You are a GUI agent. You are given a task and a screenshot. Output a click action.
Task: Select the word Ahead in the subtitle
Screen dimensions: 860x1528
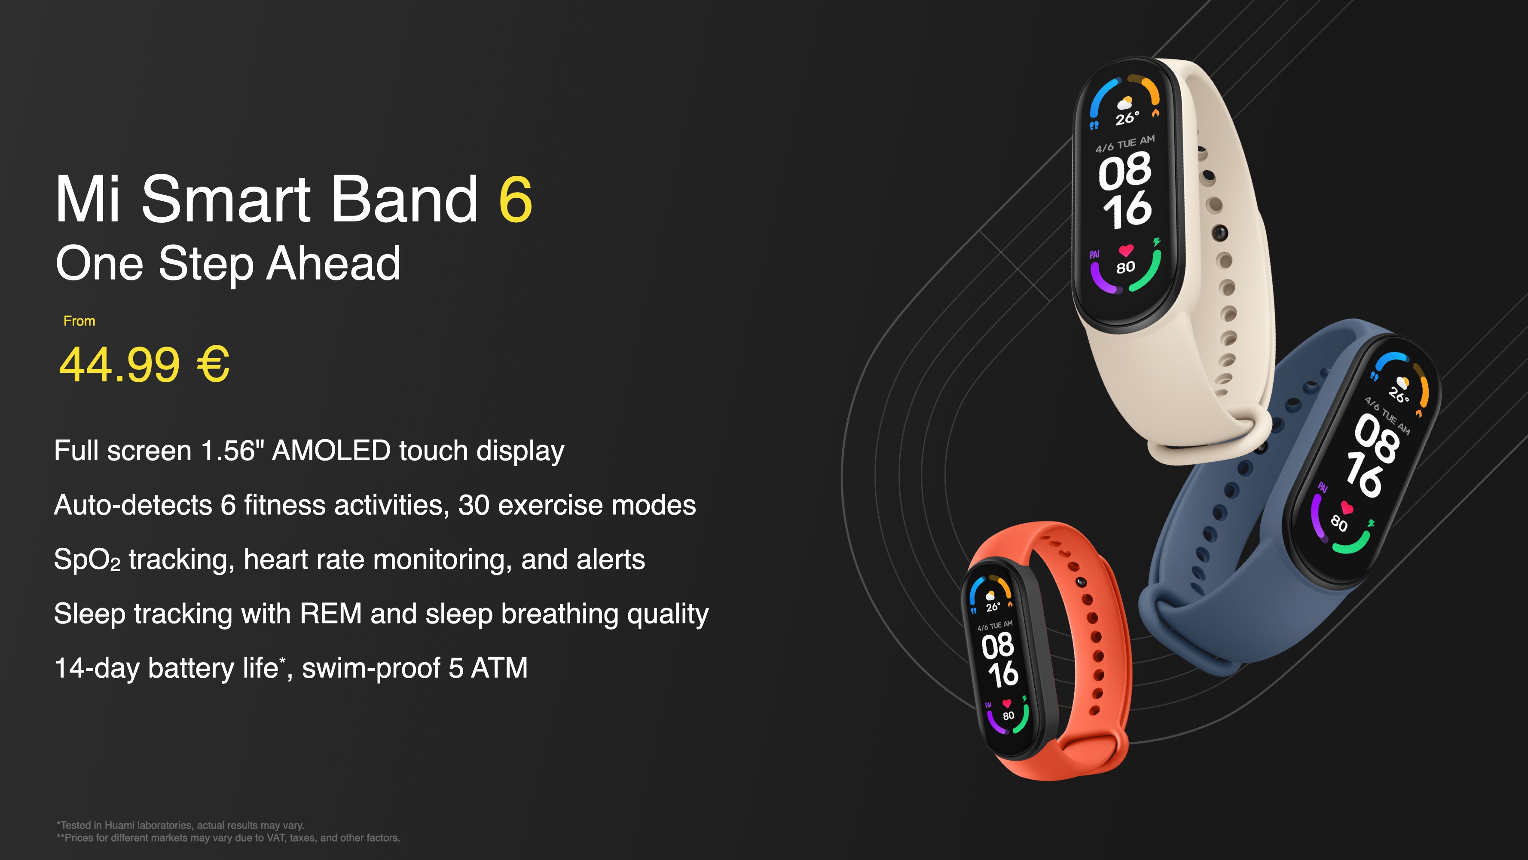pos(333,264)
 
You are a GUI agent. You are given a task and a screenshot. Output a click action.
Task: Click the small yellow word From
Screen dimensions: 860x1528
pos(79,321)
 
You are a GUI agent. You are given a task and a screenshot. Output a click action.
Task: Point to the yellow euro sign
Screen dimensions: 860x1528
pos(212,364)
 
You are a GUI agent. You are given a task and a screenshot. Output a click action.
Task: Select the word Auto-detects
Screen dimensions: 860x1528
pos(133,506)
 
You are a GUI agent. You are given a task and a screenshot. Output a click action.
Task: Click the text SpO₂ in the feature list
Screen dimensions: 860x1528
pos(87,560)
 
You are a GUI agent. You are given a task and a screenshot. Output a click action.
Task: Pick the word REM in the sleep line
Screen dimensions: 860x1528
pos(330,614)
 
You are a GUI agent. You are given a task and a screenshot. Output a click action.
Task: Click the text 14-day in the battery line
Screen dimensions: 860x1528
pos(97,668)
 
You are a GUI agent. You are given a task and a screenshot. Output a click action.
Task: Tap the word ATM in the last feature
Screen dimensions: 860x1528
pos(499,668)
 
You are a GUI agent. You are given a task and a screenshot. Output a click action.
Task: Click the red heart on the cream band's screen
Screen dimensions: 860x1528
pos(1126,250)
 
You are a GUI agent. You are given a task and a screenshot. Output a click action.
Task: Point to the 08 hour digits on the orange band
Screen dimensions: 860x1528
pos(997,646)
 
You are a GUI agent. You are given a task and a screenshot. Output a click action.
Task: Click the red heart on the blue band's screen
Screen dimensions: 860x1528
pos(1347,508)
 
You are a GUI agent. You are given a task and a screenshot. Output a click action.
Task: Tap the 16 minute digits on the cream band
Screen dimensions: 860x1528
pos(1127,210)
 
